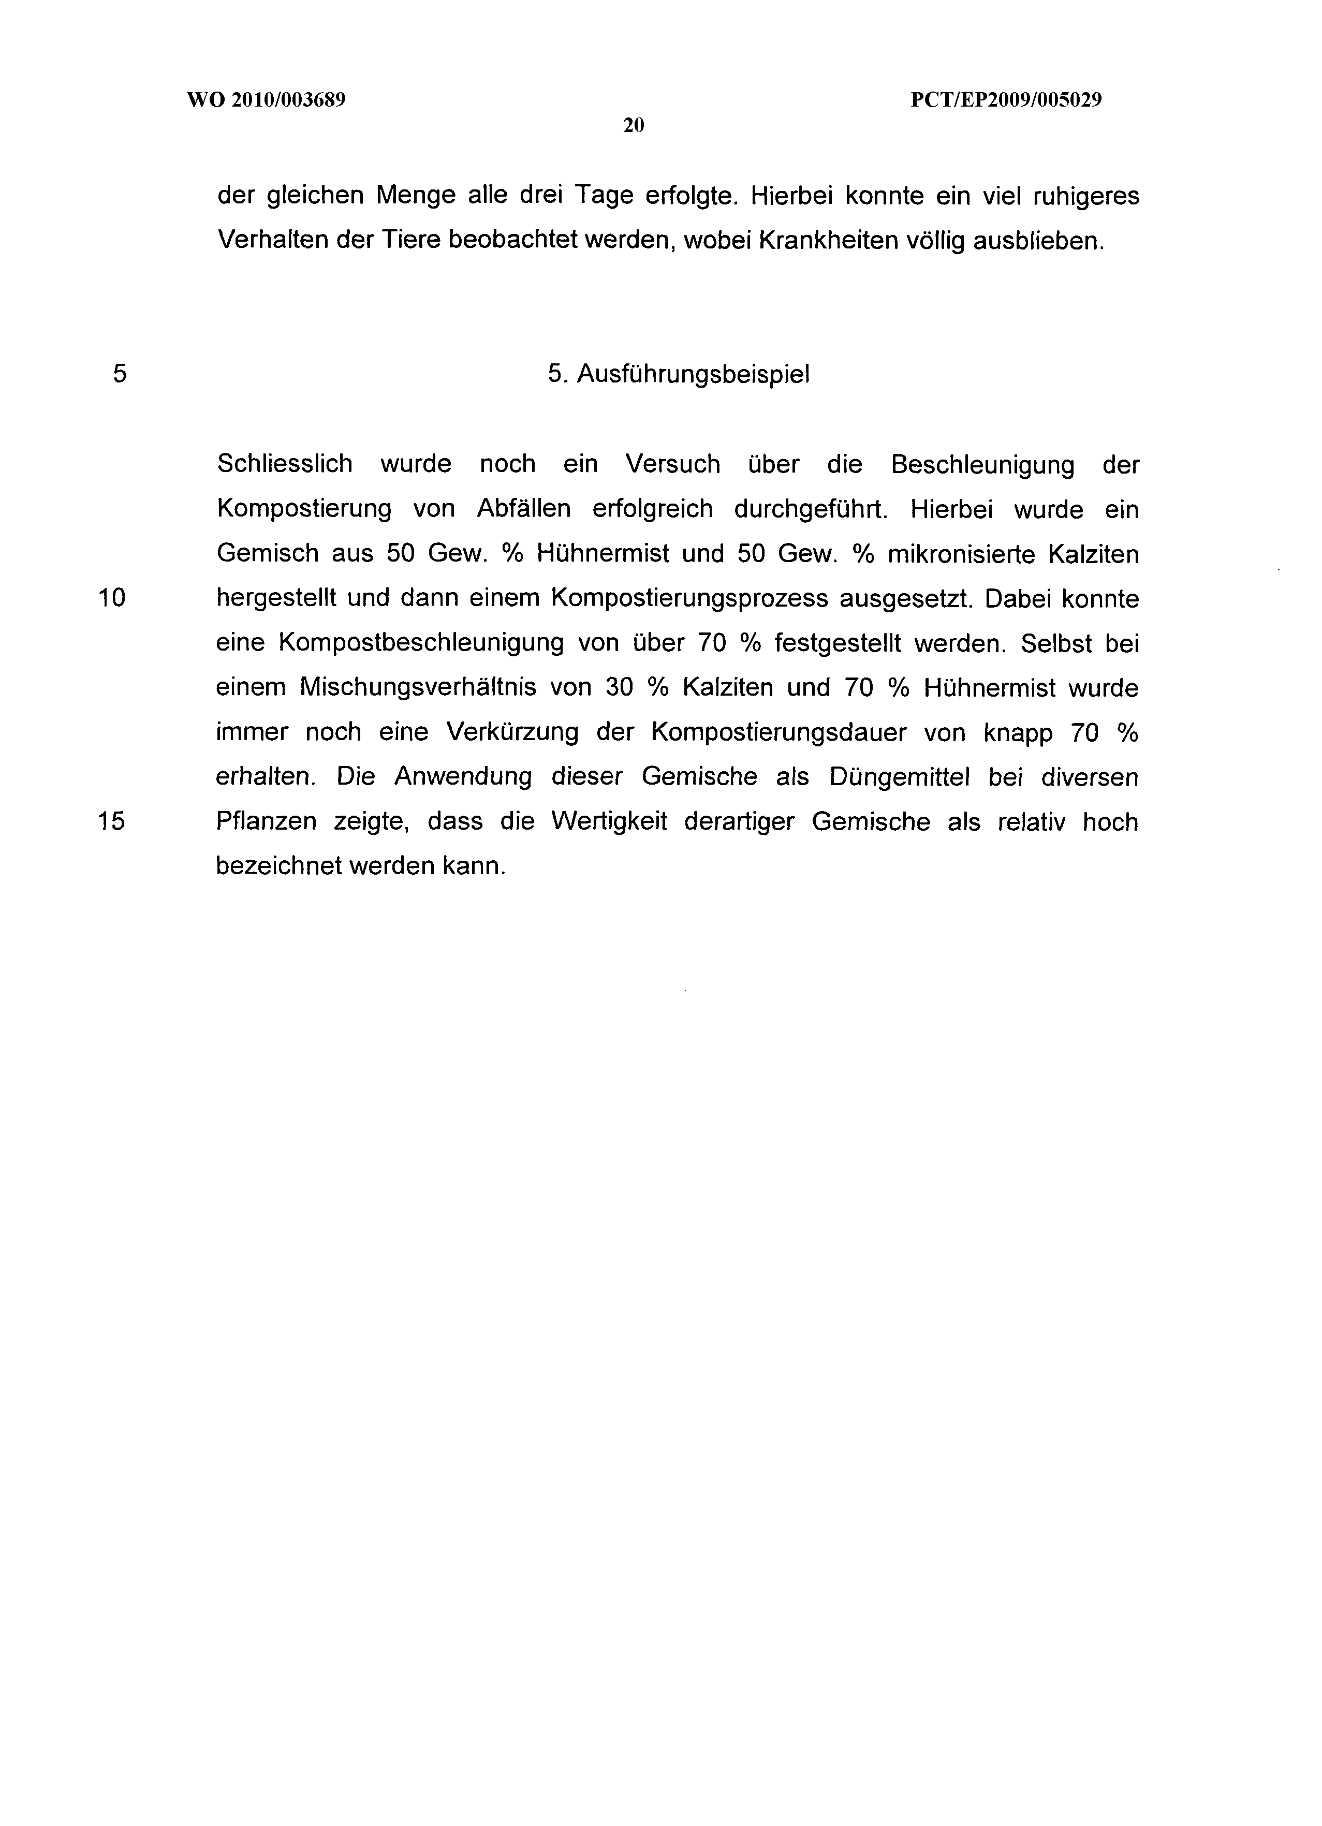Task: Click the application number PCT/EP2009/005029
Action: pos(1006,100)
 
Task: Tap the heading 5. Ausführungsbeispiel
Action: pos(679,374)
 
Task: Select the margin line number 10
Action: pos(112,598)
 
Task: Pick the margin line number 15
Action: pos(112,821)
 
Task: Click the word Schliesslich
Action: pos(285,465)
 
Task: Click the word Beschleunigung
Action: pos(983,465)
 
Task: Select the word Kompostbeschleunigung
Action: pos(421,643)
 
